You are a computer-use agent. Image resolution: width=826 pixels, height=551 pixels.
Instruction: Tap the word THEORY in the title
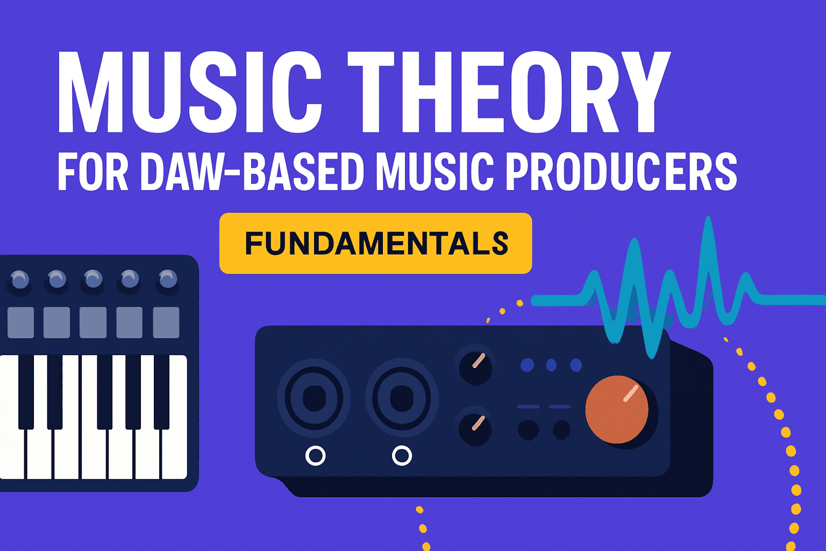[x=508, y=91]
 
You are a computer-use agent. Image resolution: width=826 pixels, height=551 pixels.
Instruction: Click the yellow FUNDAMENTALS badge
[x=375, y=243]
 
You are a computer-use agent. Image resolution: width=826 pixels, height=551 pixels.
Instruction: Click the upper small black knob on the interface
[x=475, y=365]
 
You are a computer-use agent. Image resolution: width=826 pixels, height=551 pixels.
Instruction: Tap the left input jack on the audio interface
[x=314, y=399]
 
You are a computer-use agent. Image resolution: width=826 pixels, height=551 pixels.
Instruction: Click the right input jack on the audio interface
[x=401, y=399]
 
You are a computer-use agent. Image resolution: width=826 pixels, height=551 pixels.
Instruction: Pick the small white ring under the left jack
[x=315, y=456]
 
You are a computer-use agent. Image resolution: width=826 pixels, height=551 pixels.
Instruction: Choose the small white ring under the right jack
[x=402, y=456]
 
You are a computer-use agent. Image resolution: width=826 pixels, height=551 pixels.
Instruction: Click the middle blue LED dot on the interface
[x=551, y=365]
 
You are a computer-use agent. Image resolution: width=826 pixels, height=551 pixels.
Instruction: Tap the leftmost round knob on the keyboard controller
[x=20, y=280]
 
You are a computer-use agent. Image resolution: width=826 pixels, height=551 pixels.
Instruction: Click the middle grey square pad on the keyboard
[x=93, y=322]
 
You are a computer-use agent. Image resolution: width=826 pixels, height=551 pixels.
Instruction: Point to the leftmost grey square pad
[x=20, y=322]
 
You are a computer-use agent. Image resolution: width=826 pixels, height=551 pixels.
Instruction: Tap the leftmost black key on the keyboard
[x=26, y=390]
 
